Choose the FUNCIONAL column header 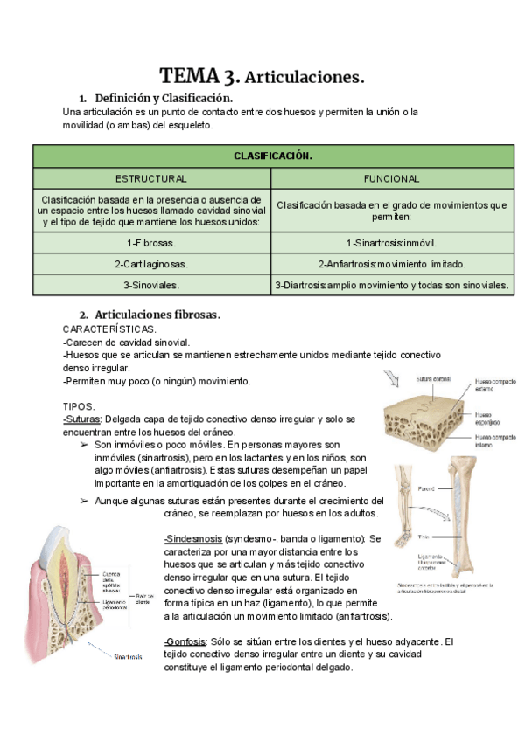point(391,178)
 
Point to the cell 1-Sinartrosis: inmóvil point(391,242)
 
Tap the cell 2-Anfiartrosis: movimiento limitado point(391,263)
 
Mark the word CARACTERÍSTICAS point(110,329)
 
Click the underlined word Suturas point(82,419)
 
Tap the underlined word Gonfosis point(185,641)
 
